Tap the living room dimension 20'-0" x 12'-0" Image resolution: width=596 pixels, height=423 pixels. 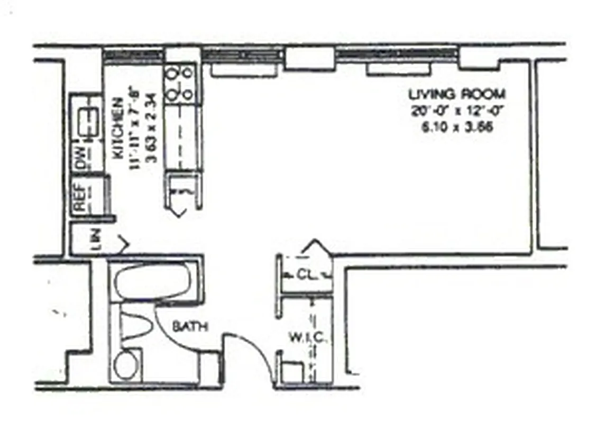coord(457,111)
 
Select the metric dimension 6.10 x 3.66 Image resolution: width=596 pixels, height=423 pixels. coord(457,127)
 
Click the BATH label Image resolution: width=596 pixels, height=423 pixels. coord(189,327)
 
